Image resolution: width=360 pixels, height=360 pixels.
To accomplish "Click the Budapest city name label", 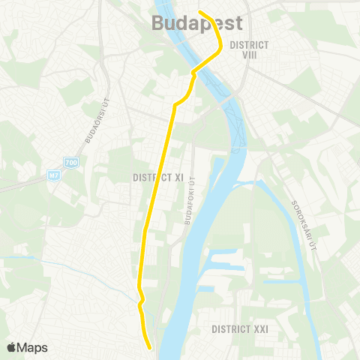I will coord(197,22).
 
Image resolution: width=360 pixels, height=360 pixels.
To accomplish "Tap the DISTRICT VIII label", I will coord(250,49).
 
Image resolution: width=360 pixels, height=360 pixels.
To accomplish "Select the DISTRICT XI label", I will coord(158,178).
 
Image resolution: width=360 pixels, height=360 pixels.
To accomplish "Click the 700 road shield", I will coord(71,162).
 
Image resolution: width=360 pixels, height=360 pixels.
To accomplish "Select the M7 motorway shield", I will coord(53,175).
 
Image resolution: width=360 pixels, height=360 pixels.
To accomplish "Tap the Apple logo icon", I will coord(12,347).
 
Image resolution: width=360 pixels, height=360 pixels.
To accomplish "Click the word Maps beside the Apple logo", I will coord(32,347).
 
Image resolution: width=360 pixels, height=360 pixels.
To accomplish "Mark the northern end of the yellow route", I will coord(200,11).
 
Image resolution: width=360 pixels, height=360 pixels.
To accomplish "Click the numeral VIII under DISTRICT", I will coord(250,55).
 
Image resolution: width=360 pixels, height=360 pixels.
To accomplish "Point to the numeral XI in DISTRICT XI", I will coord(178,178).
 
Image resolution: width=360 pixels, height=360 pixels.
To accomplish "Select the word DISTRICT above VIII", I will coord(250,45).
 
